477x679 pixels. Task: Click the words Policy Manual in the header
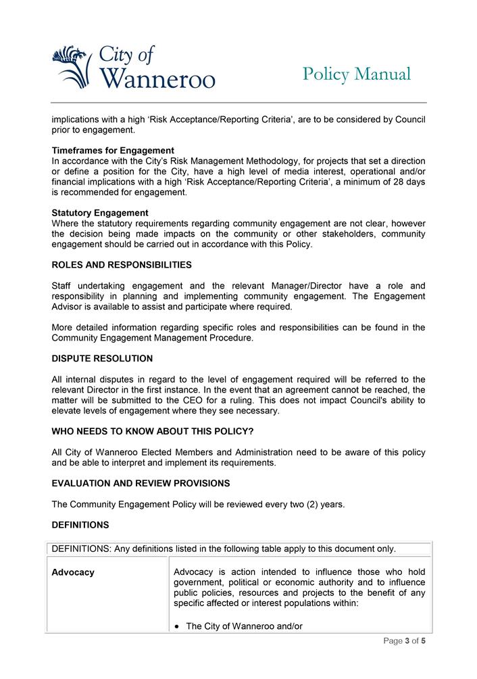pyautogui.click(x=356, y=74)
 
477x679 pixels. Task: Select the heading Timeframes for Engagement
pyautogui.click(x=113, y=151)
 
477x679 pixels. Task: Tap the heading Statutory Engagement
pyautogui.click(x=100, y=213)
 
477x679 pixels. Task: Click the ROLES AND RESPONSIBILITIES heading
pyautogui.click(x=122, y=265)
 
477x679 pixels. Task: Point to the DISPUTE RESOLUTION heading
pyautogui.click(x=102, y=359)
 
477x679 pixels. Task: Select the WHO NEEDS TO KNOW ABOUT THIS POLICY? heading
pyautogui.click(x=153, y=431)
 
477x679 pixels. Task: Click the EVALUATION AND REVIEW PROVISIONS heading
pyautogui.click(x=141, y=483)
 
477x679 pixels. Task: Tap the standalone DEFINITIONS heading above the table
pyautogui.click(x=80, y=524)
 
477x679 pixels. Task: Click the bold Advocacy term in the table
pyautogui.click(x=73, y=572)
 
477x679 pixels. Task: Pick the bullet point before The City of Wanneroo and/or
pyautogui.click(x=177, y=627)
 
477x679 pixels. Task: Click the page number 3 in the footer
pyautogui.click(x=407, y=641)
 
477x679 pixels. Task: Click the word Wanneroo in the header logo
pyautogui.click(x=157, y=78)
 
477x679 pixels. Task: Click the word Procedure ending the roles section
pyautogui.click(x=229, y=338)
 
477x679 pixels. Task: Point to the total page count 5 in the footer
pyautogui.click(x=423, y=641)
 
